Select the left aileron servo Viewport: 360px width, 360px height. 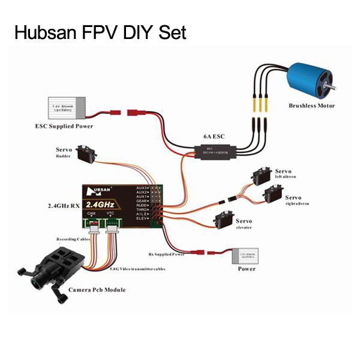click(259, 177)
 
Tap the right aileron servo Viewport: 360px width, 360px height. click(273, 196)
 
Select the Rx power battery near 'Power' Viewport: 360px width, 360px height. click(247, 257)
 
